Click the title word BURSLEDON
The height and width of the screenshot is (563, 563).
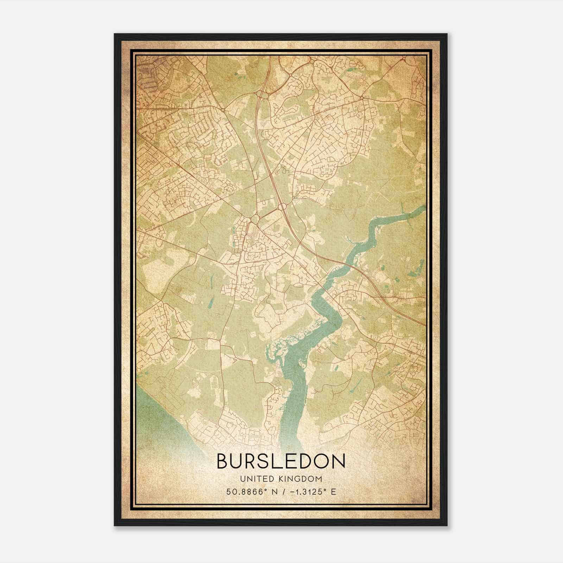(x=281, y=461)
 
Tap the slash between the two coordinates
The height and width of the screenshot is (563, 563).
(x=281, y=492)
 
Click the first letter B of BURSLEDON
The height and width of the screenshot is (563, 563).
(x=223, y=461)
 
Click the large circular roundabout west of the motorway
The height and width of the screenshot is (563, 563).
(x=254, y=220)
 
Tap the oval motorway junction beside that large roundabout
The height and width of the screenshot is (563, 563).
(x=284, y=206)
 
